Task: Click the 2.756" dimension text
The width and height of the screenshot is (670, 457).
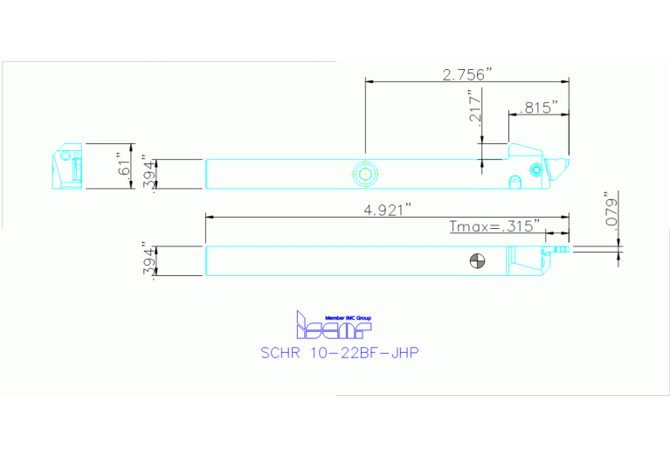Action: pyautogui.click(x=467, y=74)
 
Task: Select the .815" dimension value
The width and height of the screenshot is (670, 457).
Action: pyautogui.click(x=538, y=107)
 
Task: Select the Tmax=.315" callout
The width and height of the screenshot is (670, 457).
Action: pyautogui.click(x=494, y=227)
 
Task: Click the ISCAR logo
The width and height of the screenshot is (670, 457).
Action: pyautogui.click(x=335, y=327)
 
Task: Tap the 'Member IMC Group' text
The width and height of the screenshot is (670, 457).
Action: pyautogui.click(x=348, y=316)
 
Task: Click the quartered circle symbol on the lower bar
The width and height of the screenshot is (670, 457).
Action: pyautogui.click(x=477, y=260)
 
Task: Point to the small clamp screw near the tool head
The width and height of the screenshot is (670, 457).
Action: pyautogui.click(x=535, y=169)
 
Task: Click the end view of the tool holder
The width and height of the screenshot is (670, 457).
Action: pyautogui.click(x=66, y=168)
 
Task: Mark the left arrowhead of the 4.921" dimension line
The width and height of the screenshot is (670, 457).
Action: pyautogui.click(x=208, y=217)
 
